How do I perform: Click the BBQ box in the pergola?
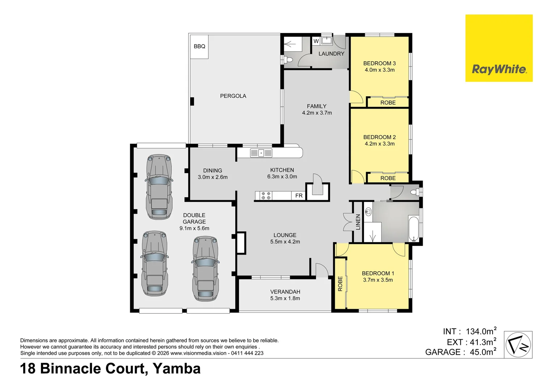(199, 47)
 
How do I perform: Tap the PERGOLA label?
(233, 96)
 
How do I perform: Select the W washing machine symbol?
(316, 41)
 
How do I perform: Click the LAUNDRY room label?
(331, 54)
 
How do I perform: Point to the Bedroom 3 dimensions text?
(380, 70)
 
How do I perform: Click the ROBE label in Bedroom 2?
(388, 178)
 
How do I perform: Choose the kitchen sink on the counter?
(261, 153)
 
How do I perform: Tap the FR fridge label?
(299, 195)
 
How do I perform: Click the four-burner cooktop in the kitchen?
(266, 195)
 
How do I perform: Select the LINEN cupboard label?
(358, 222)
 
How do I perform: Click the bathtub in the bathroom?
(414, 229)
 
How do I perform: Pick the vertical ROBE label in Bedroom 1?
(340, 283)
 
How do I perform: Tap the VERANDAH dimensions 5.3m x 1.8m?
(285, 298)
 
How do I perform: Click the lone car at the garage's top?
(159, 187)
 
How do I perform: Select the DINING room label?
(212, 171)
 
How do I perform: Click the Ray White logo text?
(499, 70)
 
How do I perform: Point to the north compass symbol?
(518, 345)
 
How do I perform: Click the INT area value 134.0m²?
(481, 331)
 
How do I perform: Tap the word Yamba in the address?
(177, 369)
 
